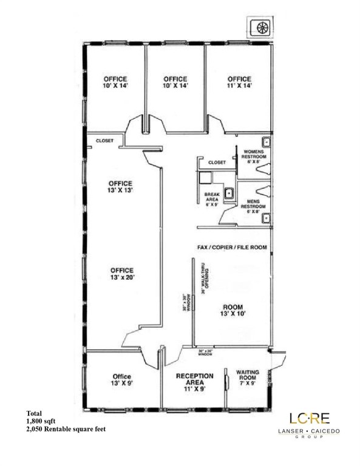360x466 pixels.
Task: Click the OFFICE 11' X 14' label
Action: coord(239,83)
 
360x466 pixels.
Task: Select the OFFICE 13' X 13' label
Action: coord(120,186)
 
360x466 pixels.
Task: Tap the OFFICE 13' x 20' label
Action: coord(122,274)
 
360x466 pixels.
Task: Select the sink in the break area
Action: coord(229,194)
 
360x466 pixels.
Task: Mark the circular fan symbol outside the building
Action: coord(262,28)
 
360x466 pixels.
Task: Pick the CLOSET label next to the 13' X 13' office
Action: coord(104,141)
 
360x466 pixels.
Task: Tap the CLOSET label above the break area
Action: coord(217,163)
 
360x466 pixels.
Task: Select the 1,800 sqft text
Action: coord(41,420)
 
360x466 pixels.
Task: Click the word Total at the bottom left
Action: coord(34,413)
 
